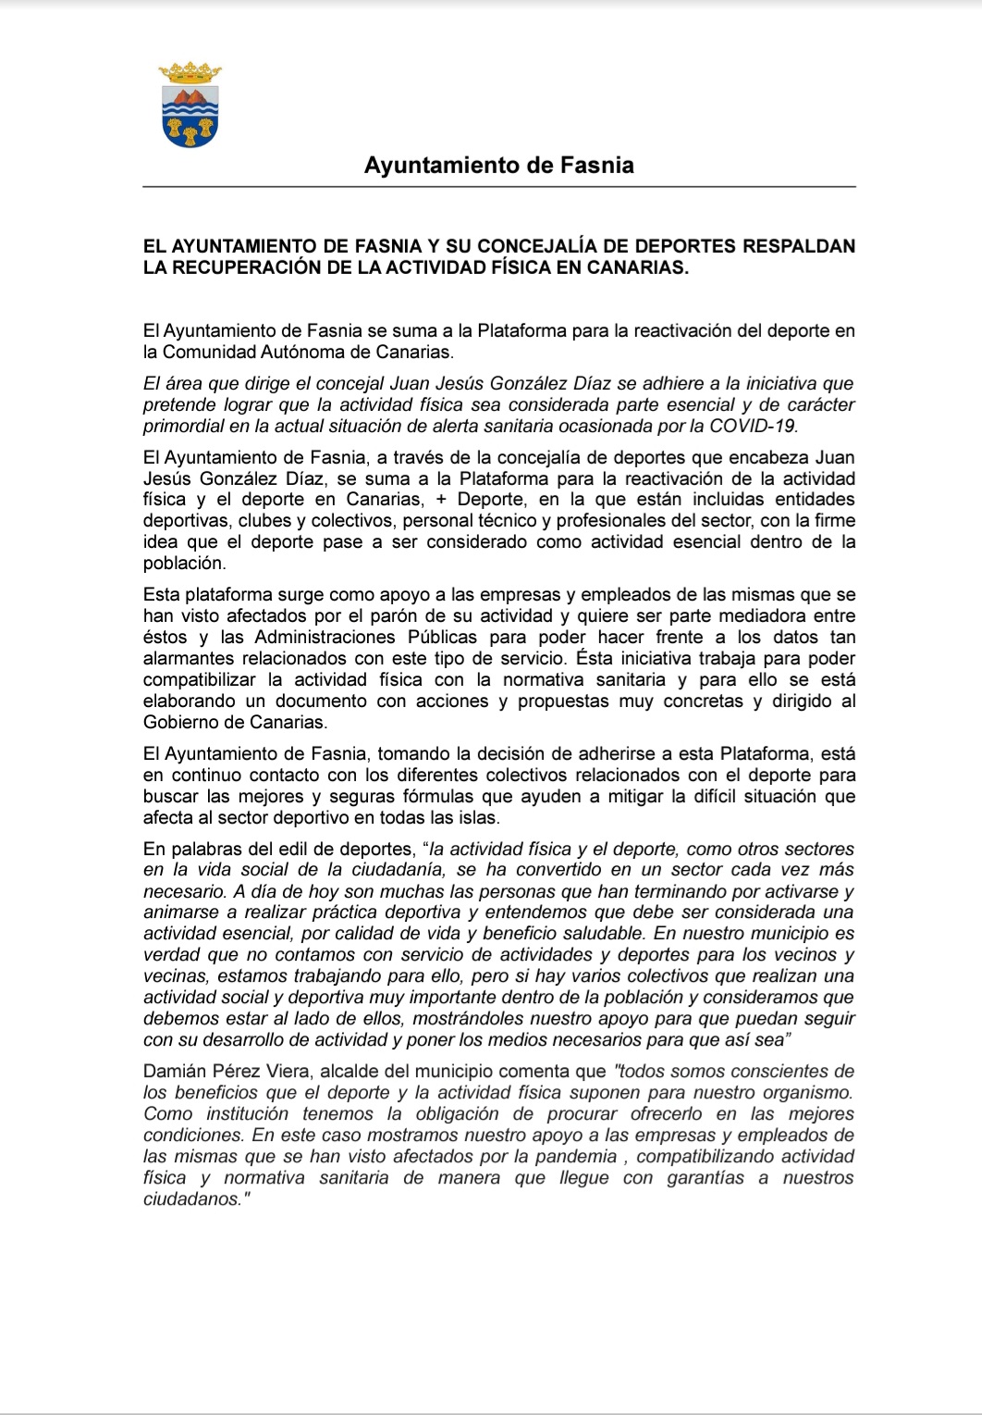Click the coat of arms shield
coord(190,115)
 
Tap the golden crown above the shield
coord(190,72)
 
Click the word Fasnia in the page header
coord(597,166)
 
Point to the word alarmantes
coord(189,658)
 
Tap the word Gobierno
coord(181,722)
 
